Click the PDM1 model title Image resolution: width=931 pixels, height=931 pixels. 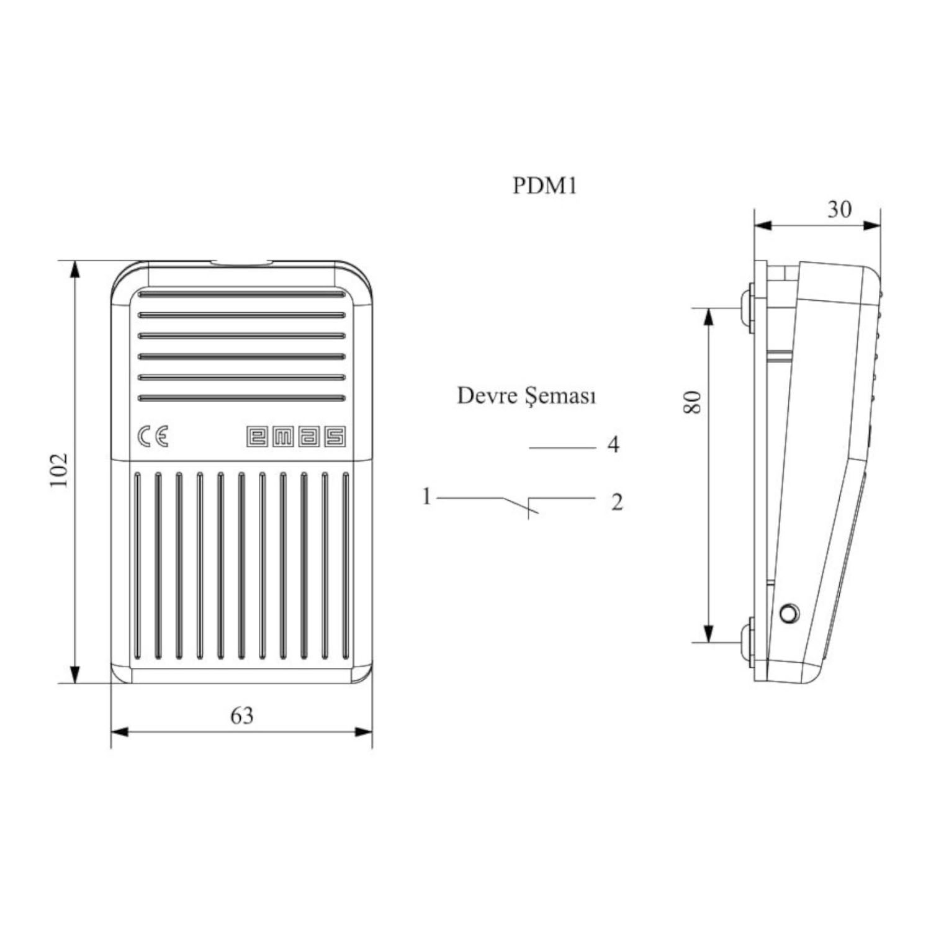[x=544, y=185]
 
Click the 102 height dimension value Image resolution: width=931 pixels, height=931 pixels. [x=58, y=470]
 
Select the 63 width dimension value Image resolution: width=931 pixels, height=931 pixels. [x=242, y=716]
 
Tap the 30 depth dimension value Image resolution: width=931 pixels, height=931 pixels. [x=839, y=209]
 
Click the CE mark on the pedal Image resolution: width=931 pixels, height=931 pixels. [x=153, y=437]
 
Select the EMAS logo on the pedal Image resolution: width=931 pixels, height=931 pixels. [x=295, y=436]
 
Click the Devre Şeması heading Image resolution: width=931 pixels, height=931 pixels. [x=526, y=395]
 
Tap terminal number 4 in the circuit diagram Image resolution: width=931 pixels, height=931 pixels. [x=613, y=444]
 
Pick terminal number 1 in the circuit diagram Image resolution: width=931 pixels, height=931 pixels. [x=426, y=497]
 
